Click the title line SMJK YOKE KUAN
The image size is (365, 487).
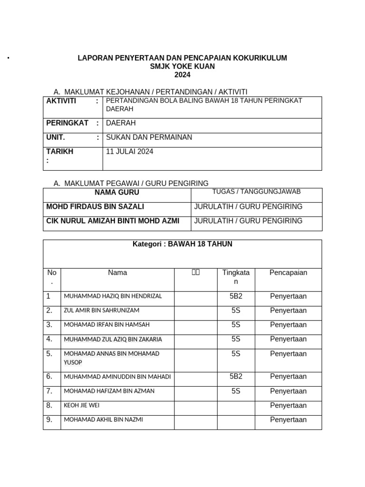(182, 67)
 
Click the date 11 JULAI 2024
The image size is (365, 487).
(130, 152)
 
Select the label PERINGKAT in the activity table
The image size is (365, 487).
(67, 123)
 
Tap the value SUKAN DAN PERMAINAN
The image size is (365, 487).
(149, 137)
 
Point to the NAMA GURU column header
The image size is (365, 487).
(117, 193)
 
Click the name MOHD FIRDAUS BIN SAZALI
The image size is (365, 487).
(95, 207)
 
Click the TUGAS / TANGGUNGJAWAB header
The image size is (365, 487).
(256, 192)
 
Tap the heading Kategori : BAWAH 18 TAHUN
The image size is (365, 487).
(182, 244)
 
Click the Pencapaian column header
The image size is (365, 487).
(288, 273)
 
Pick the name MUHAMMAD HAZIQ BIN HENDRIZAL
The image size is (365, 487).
(113, 296)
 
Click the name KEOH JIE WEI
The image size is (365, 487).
(82, 406)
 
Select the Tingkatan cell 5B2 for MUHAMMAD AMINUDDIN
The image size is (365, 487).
(236, 377)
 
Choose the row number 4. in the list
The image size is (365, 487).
(49, 339)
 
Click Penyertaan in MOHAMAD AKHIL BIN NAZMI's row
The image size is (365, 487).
(288, 420)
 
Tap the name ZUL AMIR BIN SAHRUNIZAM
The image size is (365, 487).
(102, 311)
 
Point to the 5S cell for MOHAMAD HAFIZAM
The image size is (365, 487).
(236, 391)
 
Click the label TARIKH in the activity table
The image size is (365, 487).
(60, 152)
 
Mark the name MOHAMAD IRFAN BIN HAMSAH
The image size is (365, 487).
(106, 325)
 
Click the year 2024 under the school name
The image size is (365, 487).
(182, 75)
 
